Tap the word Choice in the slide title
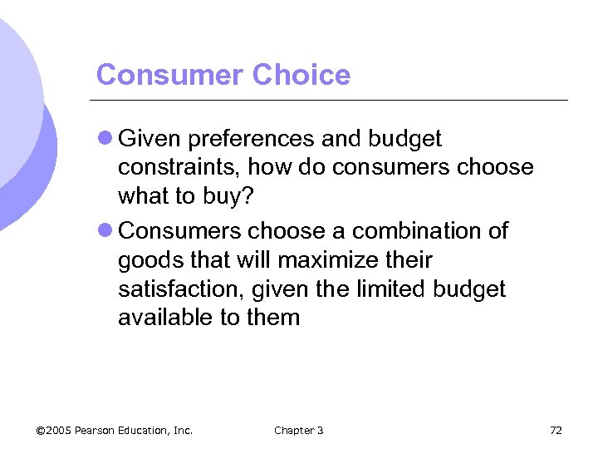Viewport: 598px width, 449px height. tap(301, 75)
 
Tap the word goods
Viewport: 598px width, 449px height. tap(149, 261)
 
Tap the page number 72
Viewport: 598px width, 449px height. tap(556, 430)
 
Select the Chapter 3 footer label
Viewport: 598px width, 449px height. tap(298, 430)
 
